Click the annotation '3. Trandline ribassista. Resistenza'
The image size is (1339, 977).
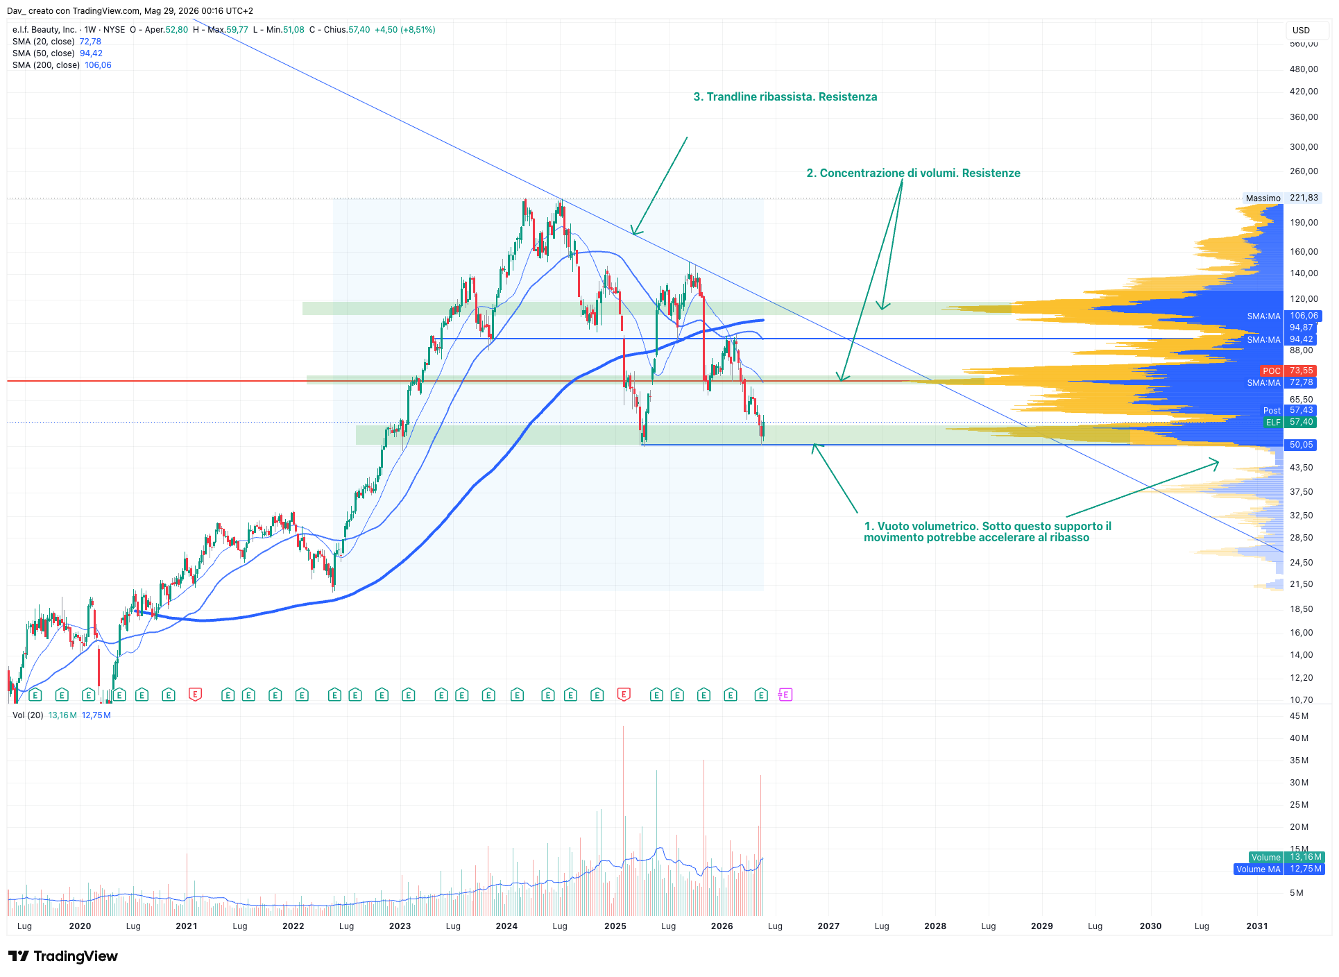pos(785,97)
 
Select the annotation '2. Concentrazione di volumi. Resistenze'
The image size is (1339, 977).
pos(913,173)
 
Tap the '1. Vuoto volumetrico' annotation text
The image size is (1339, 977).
pos(987,532)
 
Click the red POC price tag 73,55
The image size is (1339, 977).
pos(1288,371)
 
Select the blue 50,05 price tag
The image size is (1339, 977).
pos(1301,445)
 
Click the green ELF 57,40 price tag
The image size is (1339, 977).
pos(1290,422)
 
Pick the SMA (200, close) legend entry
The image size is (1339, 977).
pos(62,65)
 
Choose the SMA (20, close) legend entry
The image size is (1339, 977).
pos(57,42)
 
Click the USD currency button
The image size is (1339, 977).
pos(1301,30)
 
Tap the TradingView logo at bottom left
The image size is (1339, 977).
pos(63,956)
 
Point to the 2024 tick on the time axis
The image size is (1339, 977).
pos(506,926)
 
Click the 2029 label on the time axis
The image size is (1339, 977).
pos(1041,926)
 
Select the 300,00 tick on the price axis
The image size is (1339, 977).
pos(1304,147)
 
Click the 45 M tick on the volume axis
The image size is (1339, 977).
pos(1299,716)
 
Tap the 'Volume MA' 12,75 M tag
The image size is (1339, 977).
pos(1279,869)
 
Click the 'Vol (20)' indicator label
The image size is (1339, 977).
pos(28,715)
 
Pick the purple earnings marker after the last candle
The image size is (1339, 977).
pos(785,695)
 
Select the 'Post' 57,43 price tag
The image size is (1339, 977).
pos(1288,411)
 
